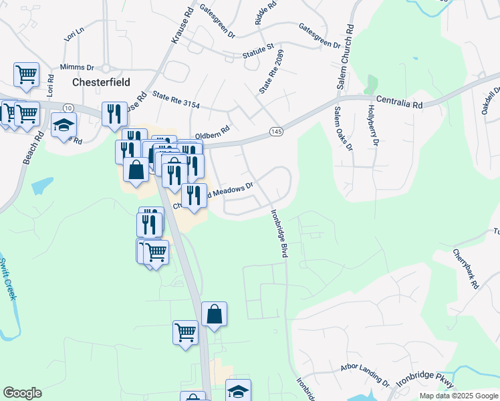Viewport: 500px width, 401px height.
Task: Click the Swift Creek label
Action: pos(7,279)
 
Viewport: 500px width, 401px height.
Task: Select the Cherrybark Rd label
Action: pos(466,269)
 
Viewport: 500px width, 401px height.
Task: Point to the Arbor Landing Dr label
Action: pos(364,374)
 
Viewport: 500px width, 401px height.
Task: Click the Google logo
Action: pos(23,393)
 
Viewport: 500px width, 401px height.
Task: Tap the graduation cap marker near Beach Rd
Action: pos(64,125)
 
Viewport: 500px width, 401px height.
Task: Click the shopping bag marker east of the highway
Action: pos(214,314)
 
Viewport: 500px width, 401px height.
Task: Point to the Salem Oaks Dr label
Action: pos(343,128)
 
